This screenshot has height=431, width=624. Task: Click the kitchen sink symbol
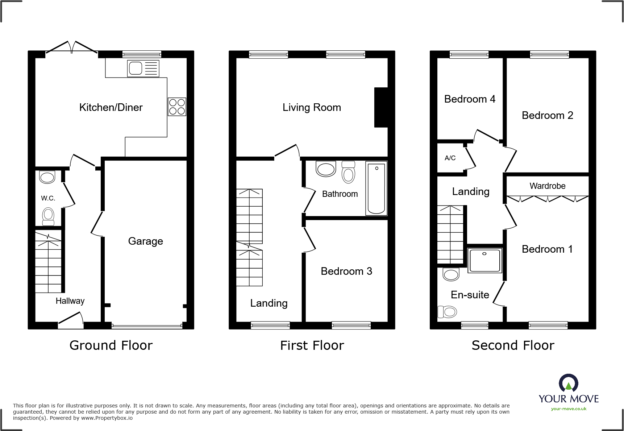[143, 69]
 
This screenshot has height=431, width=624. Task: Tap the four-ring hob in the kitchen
[177, 107]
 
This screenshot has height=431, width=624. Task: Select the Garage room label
[145, 241]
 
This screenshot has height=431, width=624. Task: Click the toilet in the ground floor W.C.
[48, 216]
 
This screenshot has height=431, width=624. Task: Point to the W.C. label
[48, 198]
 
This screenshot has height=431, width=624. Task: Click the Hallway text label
[70, 301]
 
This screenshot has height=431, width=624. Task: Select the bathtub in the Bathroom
[376, 188]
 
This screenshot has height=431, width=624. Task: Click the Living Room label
[312, 107]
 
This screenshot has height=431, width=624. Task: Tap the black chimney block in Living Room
[380, 107]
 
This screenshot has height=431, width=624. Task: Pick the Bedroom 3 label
[346, 271]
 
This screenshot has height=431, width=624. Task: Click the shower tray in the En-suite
[484, 260]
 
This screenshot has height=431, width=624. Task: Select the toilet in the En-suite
[447, 312]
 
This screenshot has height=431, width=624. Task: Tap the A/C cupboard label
[450, 158]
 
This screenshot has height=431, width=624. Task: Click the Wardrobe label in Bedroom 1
[547, 186]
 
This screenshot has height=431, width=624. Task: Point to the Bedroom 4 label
[470, 99]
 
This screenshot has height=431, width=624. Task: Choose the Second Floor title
[513, 345]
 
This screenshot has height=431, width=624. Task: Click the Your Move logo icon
[568, 383]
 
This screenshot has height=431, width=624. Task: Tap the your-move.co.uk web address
[569, 409]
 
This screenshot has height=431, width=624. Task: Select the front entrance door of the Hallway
[71, 319]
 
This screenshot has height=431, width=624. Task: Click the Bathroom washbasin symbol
[326, 169]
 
